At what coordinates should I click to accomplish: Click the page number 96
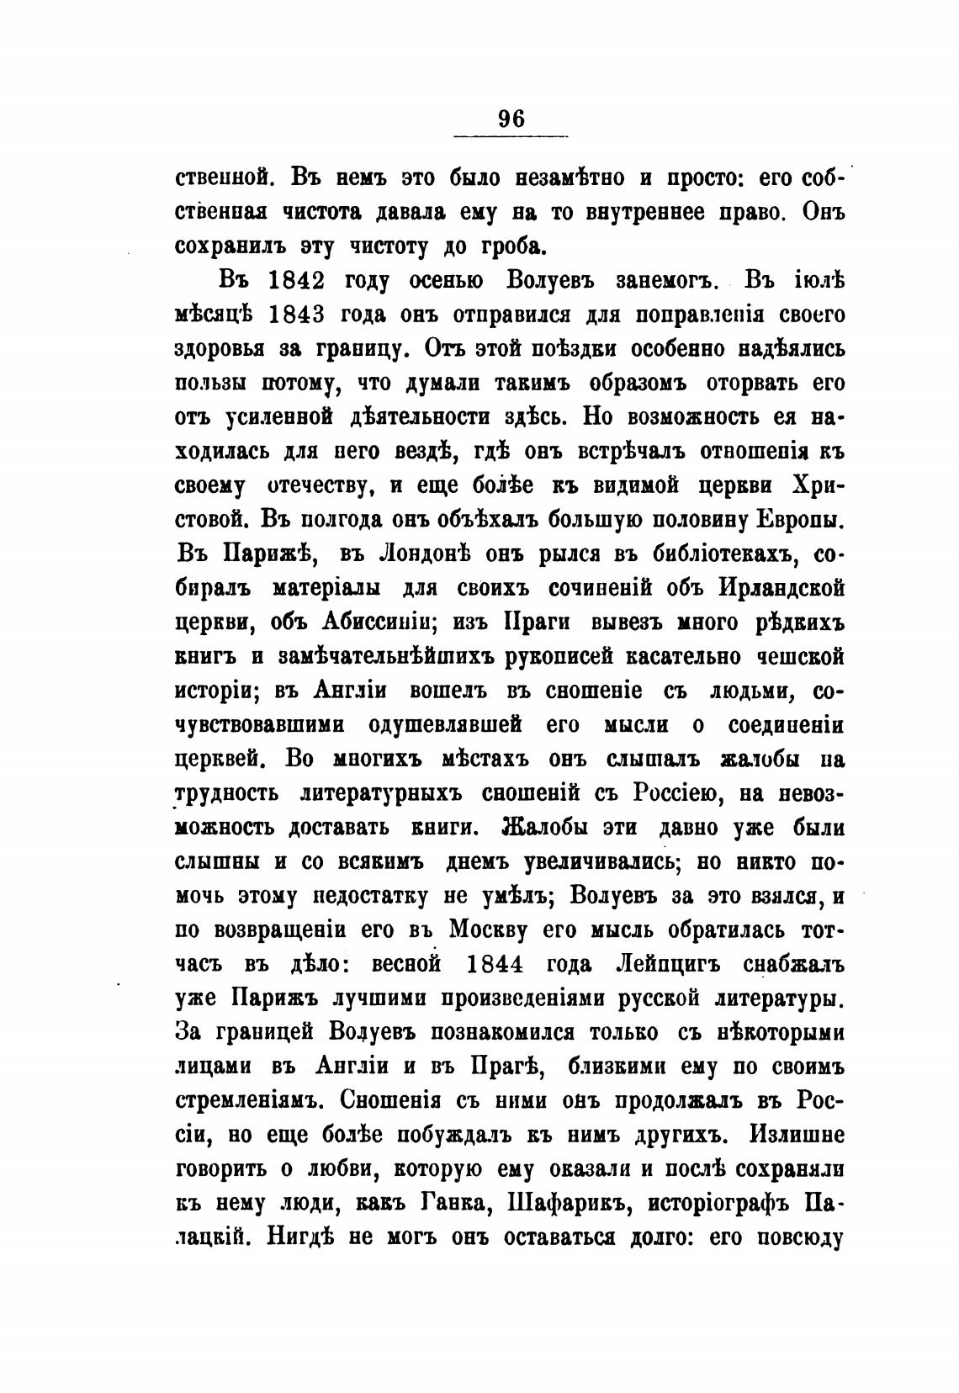pyautogui.click(x=511, y=119)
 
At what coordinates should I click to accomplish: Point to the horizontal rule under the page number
pyautogui.click(x=511, y=135)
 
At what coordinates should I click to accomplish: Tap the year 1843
pyautogui.click(x=303, y=315)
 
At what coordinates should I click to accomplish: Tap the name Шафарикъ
pyautogui.click(x=571, y=1203)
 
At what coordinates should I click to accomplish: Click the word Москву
pyautogui.click(x=496, y=930)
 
